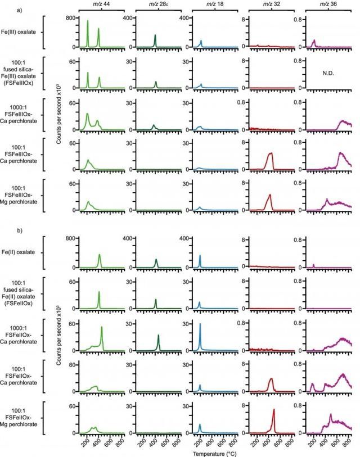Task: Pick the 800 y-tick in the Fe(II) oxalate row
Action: click(70, 239)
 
